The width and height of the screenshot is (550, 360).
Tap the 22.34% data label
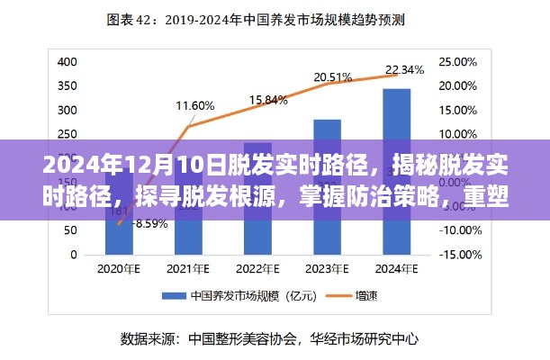[404, 70]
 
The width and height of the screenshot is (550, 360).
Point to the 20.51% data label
[332, 77]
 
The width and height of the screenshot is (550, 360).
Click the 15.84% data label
[267, 99]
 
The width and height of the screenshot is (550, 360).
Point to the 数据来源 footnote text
[267, 339]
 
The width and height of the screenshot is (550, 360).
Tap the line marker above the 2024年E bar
[397, 75]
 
